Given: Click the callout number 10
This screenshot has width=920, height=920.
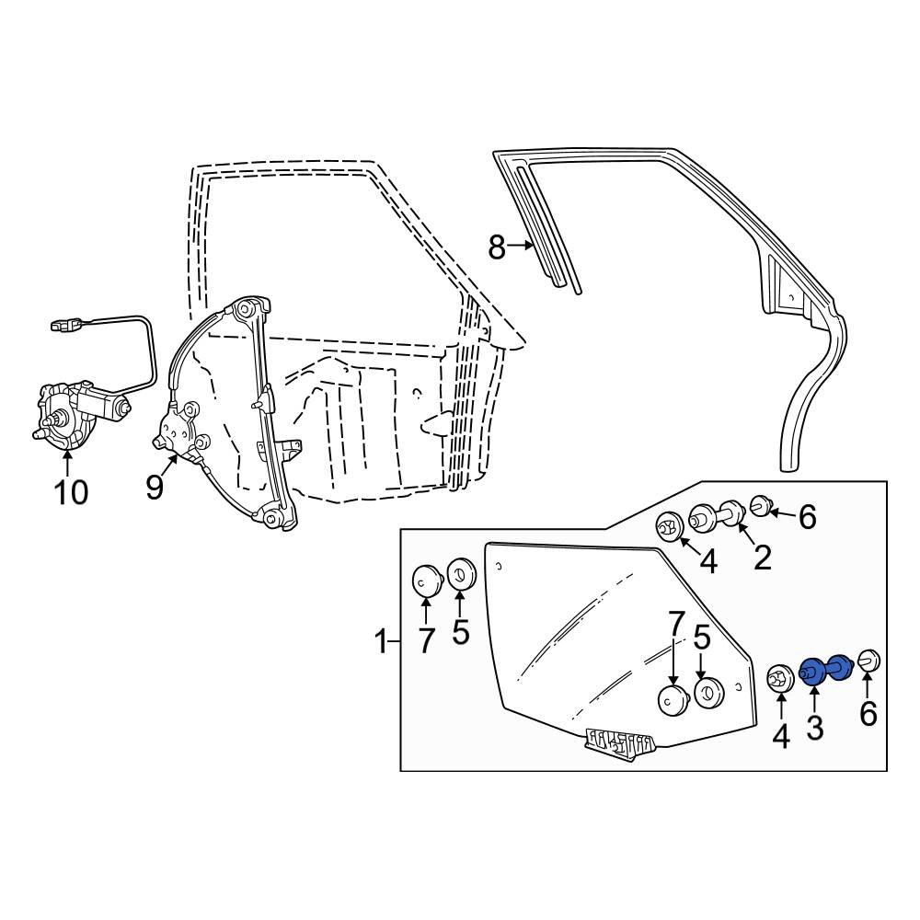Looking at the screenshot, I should [x=70, y=492].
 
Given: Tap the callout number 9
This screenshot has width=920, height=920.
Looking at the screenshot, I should [x=155, y=487].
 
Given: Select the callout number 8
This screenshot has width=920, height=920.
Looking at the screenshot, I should [x=497, y=247].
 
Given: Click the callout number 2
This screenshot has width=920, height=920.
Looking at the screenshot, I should [x=763, y=557].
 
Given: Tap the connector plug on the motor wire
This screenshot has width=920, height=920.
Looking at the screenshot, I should [x=63, y=325].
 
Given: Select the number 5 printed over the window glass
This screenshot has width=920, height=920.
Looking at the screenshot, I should [x=702, y=638].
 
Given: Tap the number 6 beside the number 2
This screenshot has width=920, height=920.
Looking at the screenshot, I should [x=807, y=518].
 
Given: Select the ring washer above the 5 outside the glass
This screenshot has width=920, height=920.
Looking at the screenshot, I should [x=460, y=574].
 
